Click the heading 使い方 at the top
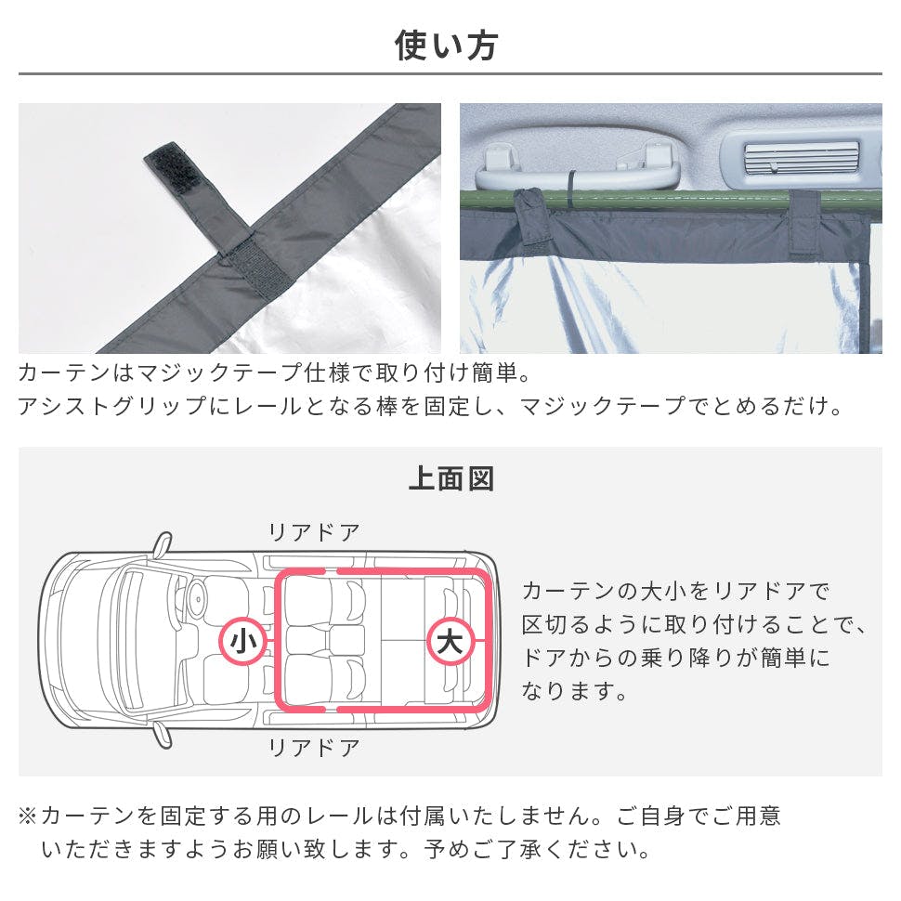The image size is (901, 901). pos(446,46)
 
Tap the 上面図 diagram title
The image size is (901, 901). pos(450,478)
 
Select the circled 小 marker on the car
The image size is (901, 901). pos(243,641)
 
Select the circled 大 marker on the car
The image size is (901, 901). pos(450,641)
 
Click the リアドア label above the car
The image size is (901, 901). pos(314,532)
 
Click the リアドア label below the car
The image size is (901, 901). pos(314,748)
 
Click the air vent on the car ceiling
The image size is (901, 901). pos(802,156)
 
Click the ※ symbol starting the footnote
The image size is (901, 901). pos(28,816)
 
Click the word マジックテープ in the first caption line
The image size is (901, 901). pos(220,372)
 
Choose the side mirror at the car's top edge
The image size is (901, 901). pos(163,543)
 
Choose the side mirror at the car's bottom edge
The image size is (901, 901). pos(163,736)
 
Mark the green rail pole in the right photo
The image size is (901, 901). pos(672,201)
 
